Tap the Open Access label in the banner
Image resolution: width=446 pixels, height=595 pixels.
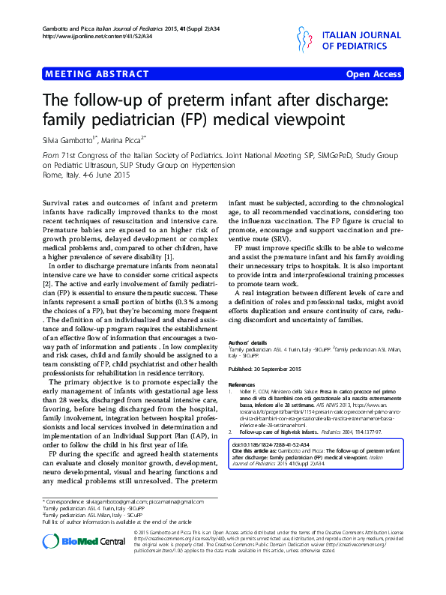(373, 75)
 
